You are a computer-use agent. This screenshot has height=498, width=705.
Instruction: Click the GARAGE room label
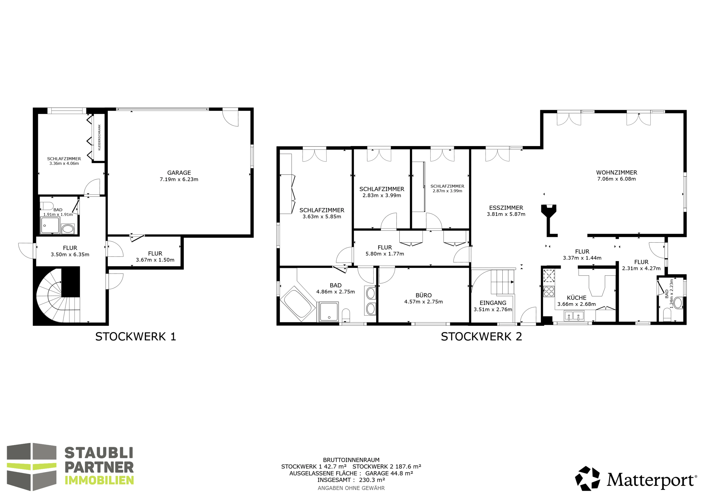[x=179, y=173]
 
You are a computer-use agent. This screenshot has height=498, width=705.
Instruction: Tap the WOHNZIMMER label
[x=617, y=172]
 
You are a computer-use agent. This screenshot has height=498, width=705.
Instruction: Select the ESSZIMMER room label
[x=506, y=208]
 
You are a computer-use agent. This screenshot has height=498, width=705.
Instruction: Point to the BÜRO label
[x=423, y=295]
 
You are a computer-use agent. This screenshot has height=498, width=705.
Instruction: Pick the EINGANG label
[x=493, y=303]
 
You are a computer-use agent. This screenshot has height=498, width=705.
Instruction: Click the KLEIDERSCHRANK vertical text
[x=99, y=137]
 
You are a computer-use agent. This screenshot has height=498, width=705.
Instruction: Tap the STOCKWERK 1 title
[x=135, y=337]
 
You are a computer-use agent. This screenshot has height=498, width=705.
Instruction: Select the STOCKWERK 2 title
[x=481, y=337]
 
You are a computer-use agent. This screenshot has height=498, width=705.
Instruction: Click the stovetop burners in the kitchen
[x=549, y=291]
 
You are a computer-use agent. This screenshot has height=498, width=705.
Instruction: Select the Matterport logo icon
[x=587, y=478]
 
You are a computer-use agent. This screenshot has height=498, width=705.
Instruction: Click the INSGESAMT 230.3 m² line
[x=351, y=480]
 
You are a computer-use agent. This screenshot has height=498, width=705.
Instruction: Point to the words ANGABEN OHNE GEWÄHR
[x=351, y=488]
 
